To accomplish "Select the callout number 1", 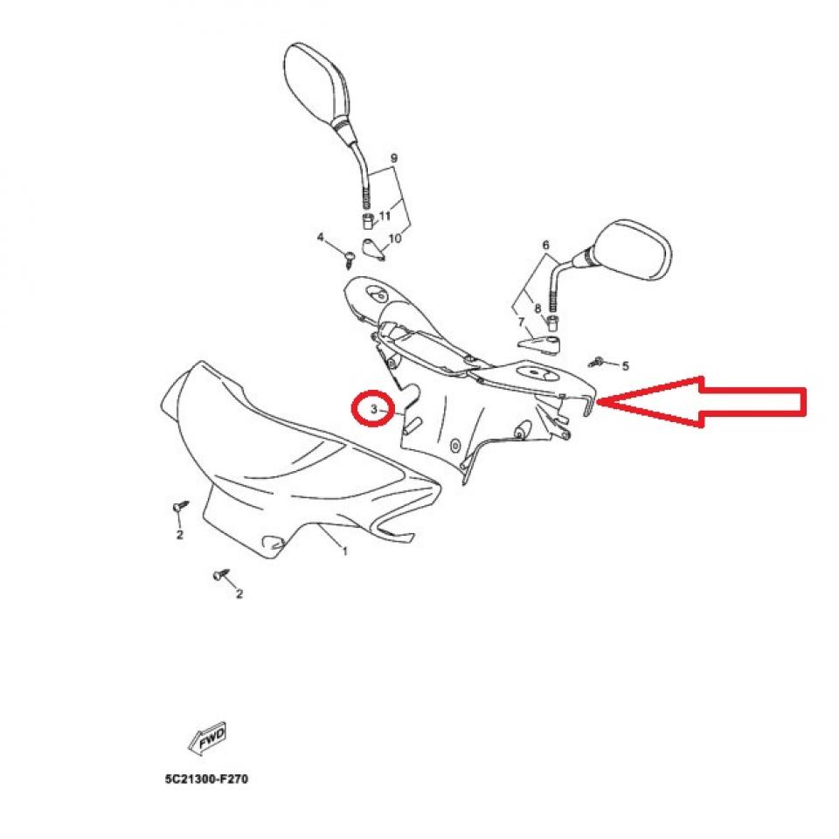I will tap(345, 551).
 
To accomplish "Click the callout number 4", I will tap(321, 238).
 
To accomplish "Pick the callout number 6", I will tap(546, 246).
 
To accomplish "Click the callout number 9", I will tap(393, 158).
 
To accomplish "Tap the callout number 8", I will tap(537, 308).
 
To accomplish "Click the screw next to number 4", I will tap(350, 255).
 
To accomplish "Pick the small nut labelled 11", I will tap(368, 218).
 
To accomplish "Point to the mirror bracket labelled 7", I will tap(539, 343).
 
